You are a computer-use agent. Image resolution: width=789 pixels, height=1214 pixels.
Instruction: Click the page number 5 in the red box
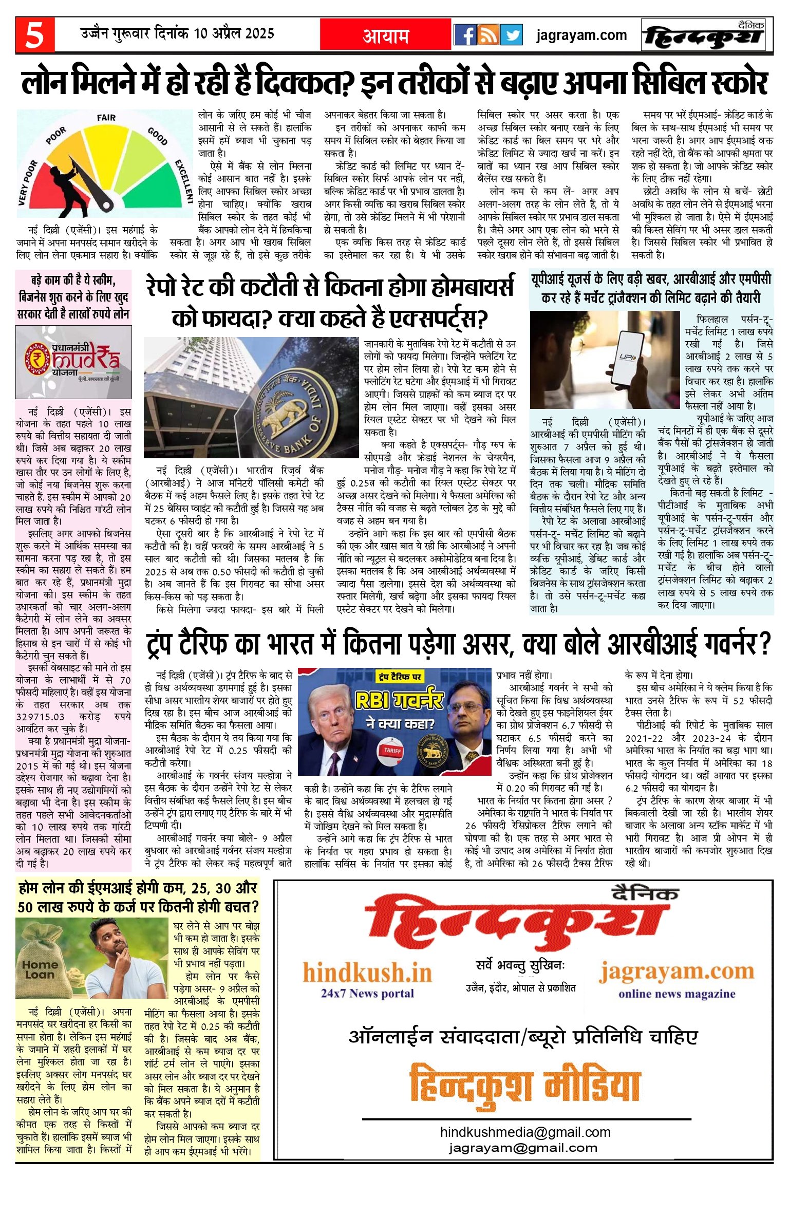pos(34,35)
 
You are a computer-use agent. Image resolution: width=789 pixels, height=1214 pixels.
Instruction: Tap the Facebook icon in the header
pos(465,35)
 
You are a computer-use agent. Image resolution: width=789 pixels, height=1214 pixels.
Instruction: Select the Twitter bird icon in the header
pos(512,35)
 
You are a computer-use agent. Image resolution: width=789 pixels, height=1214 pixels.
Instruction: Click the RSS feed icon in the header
pos(489,35)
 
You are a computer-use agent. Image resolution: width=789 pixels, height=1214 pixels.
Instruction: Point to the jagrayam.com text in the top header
pos(581,35)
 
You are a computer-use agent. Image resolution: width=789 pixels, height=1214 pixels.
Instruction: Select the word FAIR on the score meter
pos(106,118)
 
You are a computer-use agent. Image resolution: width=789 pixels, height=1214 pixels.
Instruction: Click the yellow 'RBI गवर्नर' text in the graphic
pos(399,700)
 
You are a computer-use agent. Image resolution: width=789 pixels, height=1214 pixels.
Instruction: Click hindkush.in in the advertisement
pos(367,973)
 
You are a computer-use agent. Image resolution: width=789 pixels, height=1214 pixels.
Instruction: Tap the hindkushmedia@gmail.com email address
pos(525,1132)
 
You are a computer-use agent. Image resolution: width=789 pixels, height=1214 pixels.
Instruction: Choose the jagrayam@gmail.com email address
pos(523,1147)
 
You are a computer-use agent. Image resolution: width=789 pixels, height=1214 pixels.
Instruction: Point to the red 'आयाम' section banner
pos(386,35)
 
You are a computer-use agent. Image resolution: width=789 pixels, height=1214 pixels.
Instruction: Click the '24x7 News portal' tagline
pos(367,993)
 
